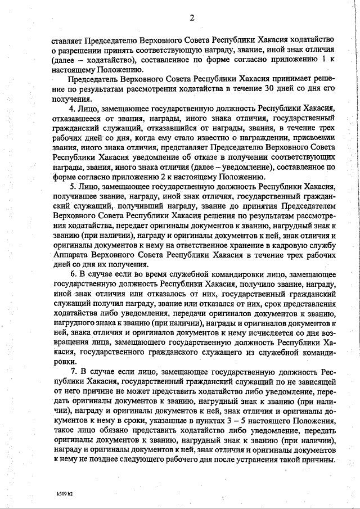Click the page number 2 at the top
coord(191,17)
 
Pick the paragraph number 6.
coord(71,275)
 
